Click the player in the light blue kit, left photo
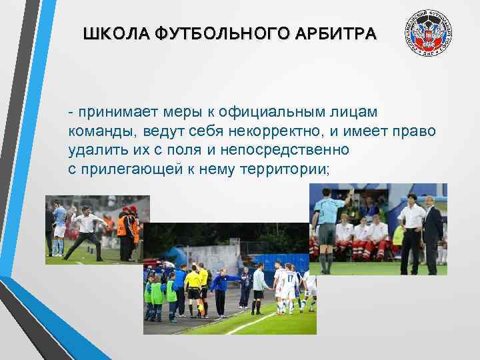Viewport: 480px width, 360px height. click(59, 227)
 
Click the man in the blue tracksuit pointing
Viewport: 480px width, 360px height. click(219, 287)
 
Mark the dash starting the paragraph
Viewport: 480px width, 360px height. click(71, 110)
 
